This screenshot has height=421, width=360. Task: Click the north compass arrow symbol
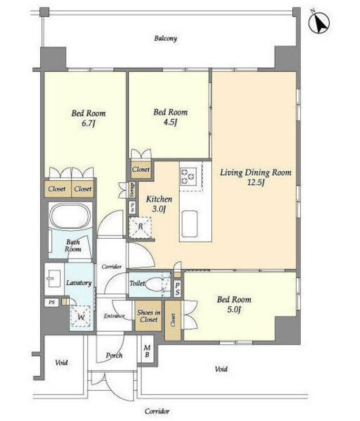coord(319,24)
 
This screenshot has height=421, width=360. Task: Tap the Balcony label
coord(165,38)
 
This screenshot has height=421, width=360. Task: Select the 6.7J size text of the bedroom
coord(88,124)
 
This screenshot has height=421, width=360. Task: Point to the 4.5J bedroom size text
coord(170,122)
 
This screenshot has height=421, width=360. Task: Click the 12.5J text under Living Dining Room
coord(256,183)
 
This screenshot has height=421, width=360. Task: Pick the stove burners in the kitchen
coord(188,176)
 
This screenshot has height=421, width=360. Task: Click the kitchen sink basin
coord(190,224)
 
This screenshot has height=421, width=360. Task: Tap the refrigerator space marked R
coord(140,228)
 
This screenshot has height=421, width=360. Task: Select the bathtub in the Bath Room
coord(70,216)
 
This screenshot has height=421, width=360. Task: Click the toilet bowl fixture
coord(155,284)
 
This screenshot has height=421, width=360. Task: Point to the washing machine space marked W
coord(81,317)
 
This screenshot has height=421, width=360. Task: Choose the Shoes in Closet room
coord(149,316)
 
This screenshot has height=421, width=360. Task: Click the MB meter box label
coord(147,351)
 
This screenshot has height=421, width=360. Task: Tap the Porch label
coord(114,355)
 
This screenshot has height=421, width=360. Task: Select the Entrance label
coord(114,316)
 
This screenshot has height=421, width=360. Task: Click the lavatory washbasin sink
coord(54,279)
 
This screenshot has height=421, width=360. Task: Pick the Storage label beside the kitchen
coord(132,190)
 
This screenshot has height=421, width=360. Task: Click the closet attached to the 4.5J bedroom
coord(141,170)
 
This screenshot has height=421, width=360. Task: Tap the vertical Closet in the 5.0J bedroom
coord(172,320)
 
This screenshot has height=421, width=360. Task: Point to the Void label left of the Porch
coord(61,362)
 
